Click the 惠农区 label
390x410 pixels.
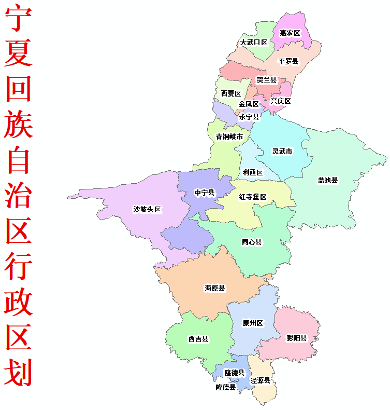[x=290, y=33]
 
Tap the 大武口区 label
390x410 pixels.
[x=254, y=43]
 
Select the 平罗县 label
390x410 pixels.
[x=288, y=62]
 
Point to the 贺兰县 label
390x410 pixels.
[x=267, y=80]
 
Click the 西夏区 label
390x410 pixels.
[x=231, y=94]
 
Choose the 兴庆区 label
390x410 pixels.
[x=281, y=101]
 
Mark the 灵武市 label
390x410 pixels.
[x=282, y=152]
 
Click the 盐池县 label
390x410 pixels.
[x=327, y=181]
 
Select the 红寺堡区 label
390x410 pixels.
[x=253, y=197]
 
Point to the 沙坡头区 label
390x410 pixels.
[x=147, y=210]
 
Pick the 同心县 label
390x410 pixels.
[x=252, y=242]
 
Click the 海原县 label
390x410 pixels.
[x=214, y=288]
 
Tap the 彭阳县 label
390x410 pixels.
[x=297, y=338]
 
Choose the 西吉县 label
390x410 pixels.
[x=198, y=339]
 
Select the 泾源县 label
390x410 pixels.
[x=261, y=380]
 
